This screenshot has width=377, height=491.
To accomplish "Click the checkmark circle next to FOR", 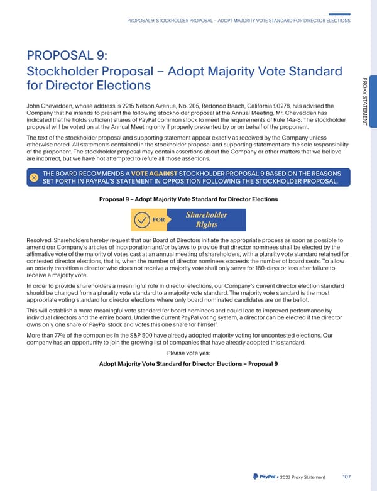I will pyautogui.click(x=142, y=220).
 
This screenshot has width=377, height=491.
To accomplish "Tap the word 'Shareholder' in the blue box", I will pyautogui.click(x=206, y=215).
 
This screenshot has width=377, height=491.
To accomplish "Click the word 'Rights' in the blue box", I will pyautogui.click(x=206, y=226).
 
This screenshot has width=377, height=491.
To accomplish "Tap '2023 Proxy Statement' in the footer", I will pyautogui.click(x=303, y=477).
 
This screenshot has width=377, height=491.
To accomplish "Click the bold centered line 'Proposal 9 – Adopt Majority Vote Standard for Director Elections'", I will pyautogui.click(x=188, y=199).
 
